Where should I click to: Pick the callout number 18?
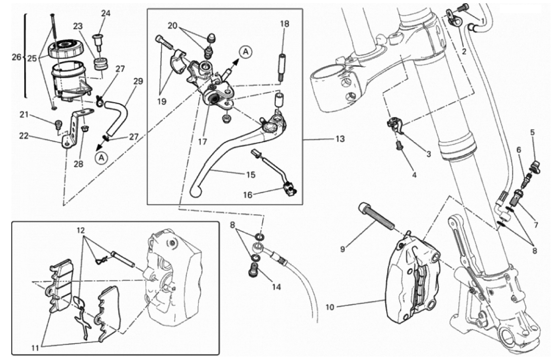pos(284,23)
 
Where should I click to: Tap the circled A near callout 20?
pos(246,52)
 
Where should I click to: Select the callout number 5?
pos(533,131)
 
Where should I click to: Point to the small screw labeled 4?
pos(399,146)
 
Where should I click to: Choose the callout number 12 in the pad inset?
pos(81,230)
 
